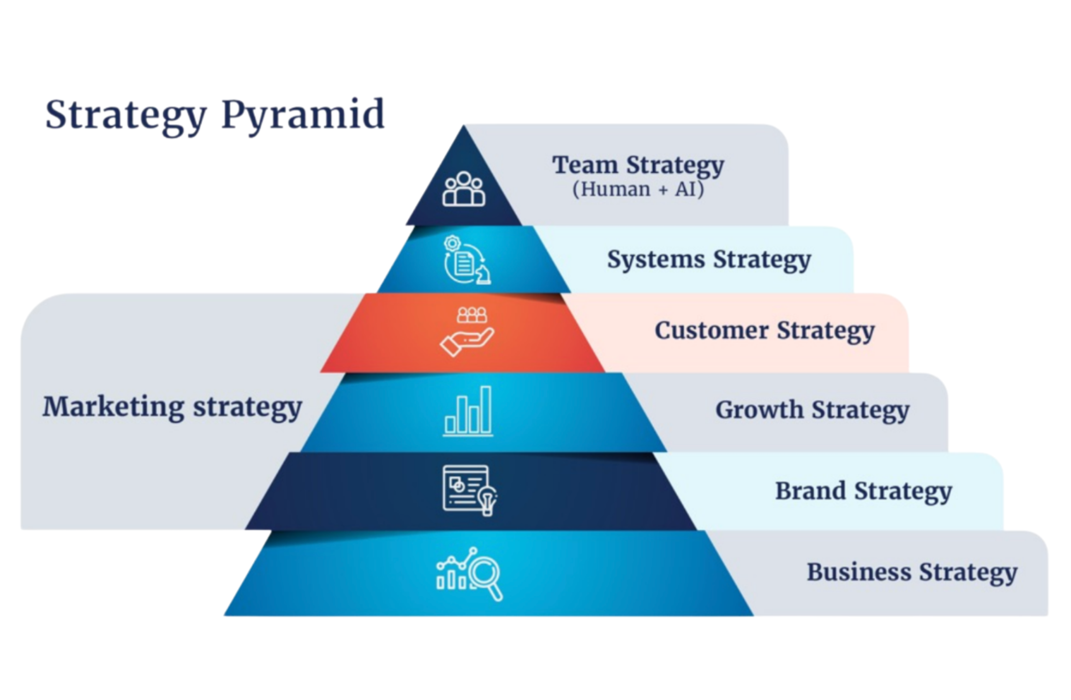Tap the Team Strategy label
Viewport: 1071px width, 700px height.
(x=638, y=165)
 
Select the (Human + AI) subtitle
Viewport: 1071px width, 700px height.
(x=638, y=189)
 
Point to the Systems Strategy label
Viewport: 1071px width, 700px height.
(x=709, y=260)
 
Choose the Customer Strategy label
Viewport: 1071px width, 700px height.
(x=764, y=331)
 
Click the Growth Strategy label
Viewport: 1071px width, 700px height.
(x=812, y=410)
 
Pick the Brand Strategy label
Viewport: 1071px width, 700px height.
(x=863, y=491)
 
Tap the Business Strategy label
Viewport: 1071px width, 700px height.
(x=912, y=572)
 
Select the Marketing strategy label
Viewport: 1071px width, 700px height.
(x=172, y=407)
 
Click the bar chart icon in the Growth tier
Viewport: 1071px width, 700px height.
(x=468, y=411)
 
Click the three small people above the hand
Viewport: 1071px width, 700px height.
(x=471, y=315)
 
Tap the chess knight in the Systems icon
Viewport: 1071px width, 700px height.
(x=483, y=274)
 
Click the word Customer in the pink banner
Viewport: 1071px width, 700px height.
(x=711, y=331)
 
